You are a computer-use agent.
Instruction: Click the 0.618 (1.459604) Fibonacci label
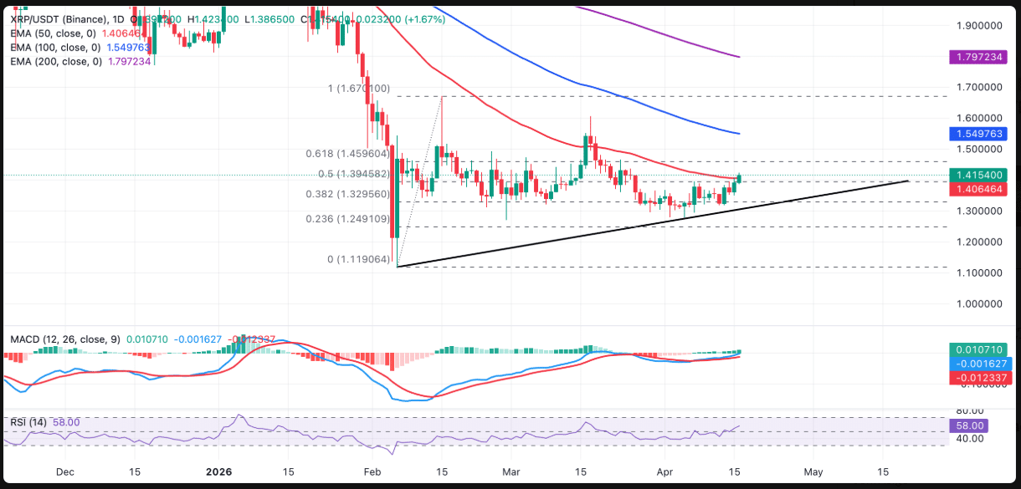coord(347,155)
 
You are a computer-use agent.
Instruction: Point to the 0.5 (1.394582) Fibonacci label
coord(352,174)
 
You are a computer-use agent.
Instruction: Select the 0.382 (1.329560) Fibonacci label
coord(347,194)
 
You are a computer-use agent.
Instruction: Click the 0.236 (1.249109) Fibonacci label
coord(347,219)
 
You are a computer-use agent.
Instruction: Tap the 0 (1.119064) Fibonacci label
coord(359,260)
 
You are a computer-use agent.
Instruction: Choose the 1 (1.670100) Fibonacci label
coord(359,89)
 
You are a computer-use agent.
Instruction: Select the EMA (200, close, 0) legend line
coord(55,61)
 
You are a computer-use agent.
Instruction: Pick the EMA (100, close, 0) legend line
coord(55,48)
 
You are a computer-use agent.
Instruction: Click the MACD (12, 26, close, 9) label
coord(64,339)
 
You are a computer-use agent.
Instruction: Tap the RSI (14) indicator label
coord(28,422)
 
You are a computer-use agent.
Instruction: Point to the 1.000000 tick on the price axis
coord(979,304)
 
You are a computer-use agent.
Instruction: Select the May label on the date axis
coord(813,471)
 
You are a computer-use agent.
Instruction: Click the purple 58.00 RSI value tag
coord(968,425)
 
